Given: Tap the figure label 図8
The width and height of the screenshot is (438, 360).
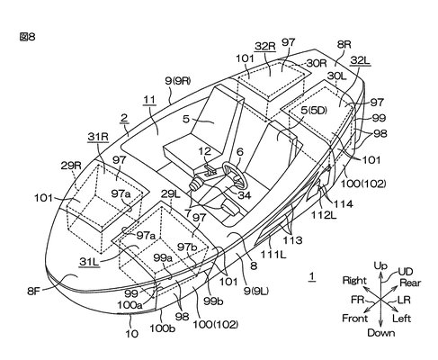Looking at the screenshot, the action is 27,37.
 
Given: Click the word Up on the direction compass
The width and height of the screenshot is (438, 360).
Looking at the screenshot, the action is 380,265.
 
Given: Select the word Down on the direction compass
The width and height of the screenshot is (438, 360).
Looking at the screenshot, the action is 380,332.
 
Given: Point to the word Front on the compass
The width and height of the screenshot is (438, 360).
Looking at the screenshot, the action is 354,318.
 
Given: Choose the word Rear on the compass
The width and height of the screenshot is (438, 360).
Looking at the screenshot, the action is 410,283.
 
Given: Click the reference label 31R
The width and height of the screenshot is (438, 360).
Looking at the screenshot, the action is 98,137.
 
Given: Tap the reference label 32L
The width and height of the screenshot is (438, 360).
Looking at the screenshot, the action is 360,60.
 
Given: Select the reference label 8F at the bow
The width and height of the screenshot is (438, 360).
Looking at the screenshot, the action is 33,291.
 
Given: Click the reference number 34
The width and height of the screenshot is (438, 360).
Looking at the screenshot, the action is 245,195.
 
